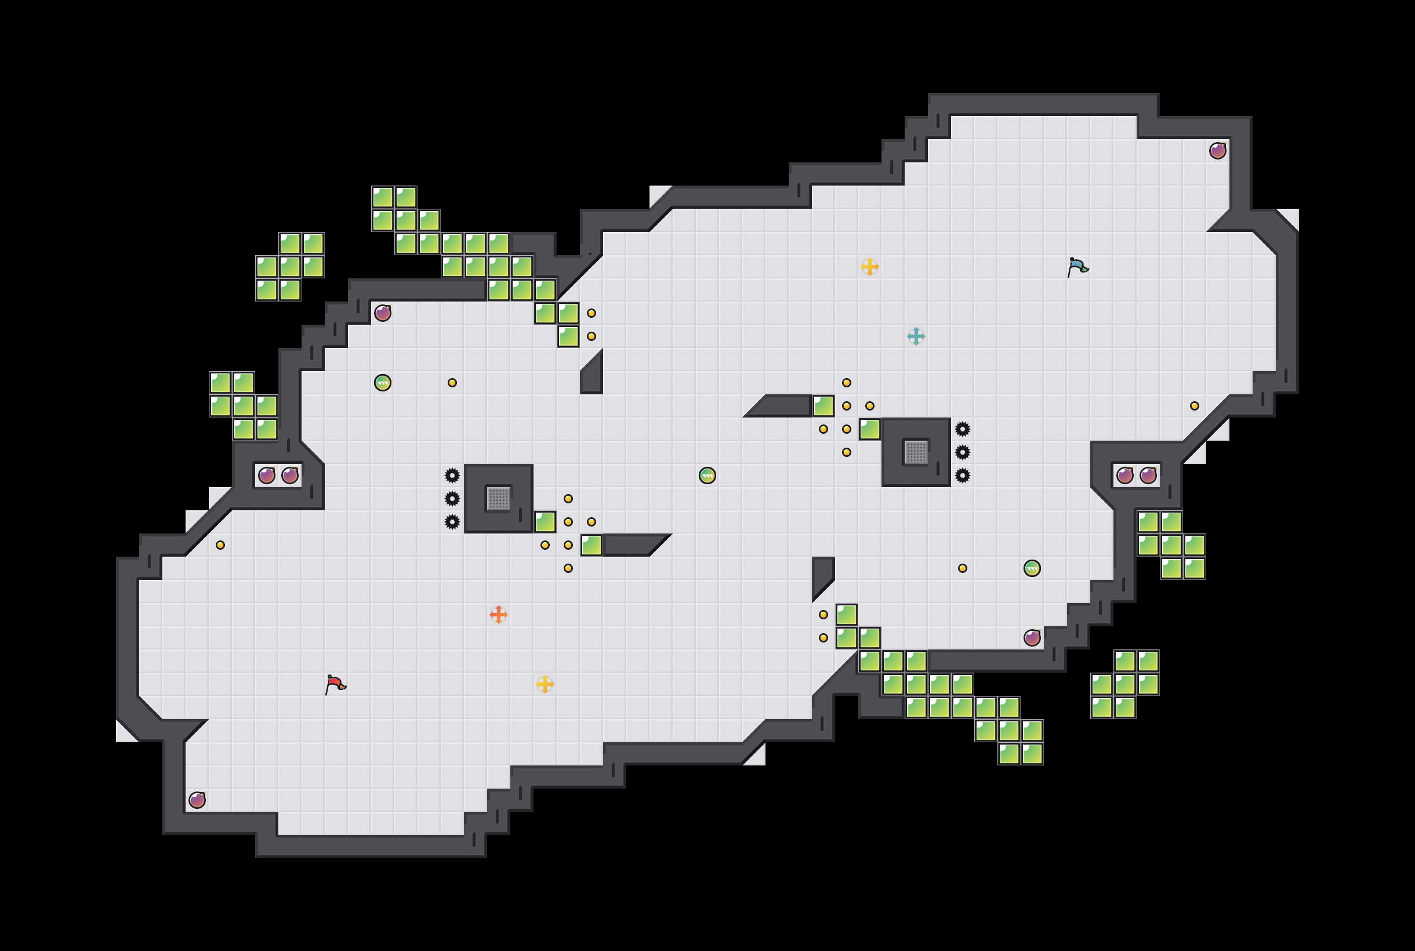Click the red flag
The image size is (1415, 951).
pyautogui.click(x=335, y=684)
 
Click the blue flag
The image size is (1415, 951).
pyautogui.click(x=1077, y=267)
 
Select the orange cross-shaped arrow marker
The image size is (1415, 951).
pyautogui.click(x=499, y=615)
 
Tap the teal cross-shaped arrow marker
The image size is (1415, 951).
pyautogui.click(x=916, y=336)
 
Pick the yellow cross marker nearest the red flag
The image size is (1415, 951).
pyautogui.click(x=545, y=684)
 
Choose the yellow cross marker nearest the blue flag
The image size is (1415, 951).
pyautogui.click(x=870, y=267)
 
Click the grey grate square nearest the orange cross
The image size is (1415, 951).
pyautogui.click(x=499, y=499)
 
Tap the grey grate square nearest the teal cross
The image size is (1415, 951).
pyautogui.click(x=916, y=452)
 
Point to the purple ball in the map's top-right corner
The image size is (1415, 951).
pyautogui.click(x=1217, y=150)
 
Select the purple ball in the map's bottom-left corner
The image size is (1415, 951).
pyautogui.click(x=197, y=800)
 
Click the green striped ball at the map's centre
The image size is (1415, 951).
pyautogui.click(x=707, y=475)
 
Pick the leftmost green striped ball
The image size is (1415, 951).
pyautogui.click(x=383, y=383)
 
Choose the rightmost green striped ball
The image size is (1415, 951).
pyautogui.click(x=1032, y=568)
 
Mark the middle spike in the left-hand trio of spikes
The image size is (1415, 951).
pyautogui.click(x=452, y=499)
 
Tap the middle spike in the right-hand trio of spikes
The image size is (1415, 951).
pyautogui.click(x=963, y=452)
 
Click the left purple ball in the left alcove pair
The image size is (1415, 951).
pyautogui.click(x=267, y=475)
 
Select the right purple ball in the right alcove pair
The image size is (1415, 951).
pyautogui.click(x=1148, y=475)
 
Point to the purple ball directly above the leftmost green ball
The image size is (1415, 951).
pyautogui.click(x=383, y=313)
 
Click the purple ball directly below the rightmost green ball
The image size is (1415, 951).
pyautogui.click(x=1032, y=637)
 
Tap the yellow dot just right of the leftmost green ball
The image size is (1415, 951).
pyautogui.click(x=452, y=383)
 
